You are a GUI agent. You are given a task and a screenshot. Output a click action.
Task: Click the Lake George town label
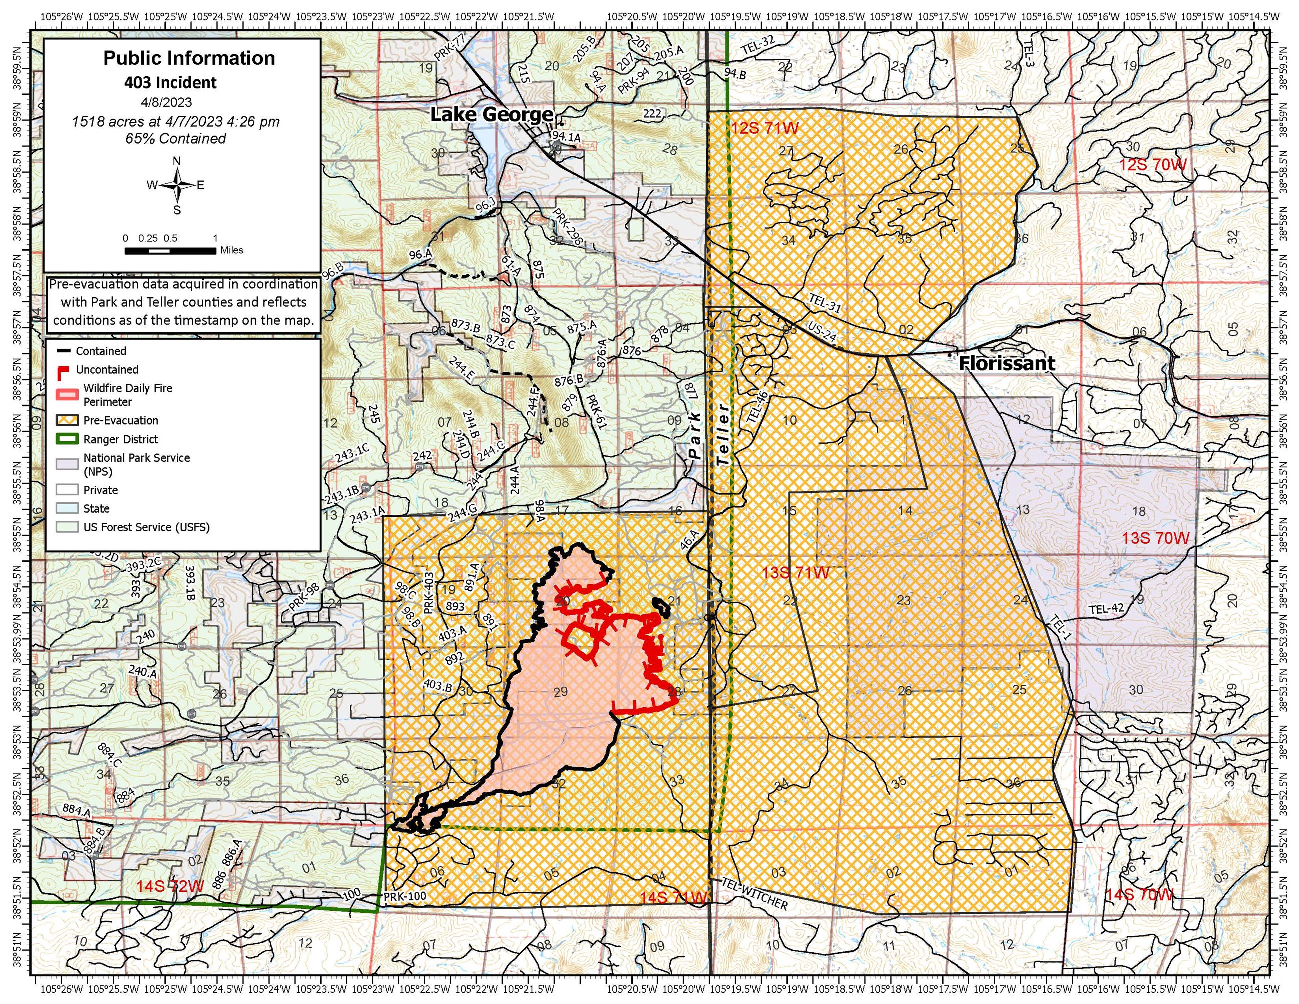pyautogui.click(x=491, y=114)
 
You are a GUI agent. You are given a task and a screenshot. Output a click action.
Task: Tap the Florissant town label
pyautogui.click(x=1007, y=363)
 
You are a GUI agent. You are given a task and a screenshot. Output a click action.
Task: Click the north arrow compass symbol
pyautogui.click(x=177, y=185)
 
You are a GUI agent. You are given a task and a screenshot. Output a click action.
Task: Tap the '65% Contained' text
pyautogui.click(x=175, y=138)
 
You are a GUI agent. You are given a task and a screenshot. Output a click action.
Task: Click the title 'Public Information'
pyautogui.click(x=189, y=58)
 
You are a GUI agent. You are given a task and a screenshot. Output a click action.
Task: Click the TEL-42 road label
pyautogui.click(x=1106, y=609)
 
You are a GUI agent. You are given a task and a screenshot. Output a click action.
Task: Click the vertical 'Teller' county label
pyautogui.click(x=722, y=434)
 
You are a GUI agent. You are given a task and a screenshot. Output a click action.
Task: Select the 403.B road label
pyautogui.click(x=438, y=686)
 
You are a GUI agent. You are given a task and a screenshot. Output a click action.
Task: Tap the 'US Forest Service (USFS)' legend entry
pyautogui.click(x=146, y=527)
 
